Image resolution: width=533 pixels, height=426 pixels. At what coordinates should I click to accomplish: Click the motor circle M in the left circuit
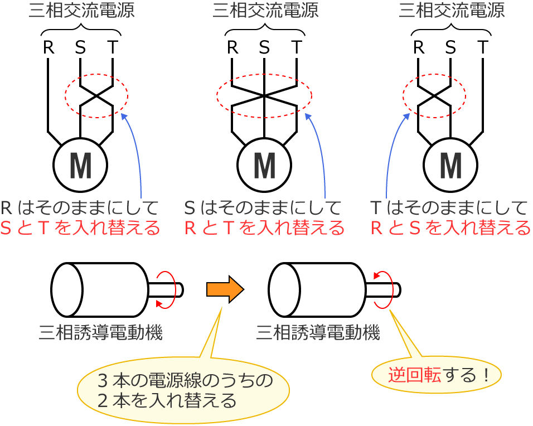80,165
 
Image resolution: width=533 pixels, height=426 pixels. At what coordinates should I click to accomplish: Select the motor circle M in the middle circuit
264,165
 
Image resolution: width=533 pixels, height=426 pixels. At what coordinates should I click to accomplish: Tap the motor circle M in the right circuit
450,165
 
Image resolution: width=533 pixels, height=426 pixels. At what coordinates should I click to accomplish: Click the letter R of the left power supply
49,48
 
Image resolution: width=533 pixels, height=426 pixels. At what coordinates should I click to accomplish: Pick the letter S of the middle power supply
264,48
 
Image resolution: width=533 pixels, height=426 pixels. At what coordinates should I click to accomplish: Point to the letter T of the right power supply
483,48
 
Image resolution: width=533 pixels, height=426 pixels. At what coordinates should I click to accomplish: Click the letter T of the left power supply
113,48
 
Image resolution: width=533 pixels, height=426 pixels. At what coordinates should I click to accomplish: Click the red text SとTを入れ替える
80,228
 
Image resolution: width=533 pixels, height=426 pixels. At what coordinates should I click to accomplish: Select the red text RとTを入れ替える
264,228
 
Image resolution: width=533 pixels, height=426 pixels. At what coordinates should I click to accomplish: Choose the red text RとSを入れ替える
450,228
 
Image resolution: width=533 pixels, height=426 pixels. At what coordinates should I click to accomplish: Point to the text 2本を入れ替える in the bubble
167,400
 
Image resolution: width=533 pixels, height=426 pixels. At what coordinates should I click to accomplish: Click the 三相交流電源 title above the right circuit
452,11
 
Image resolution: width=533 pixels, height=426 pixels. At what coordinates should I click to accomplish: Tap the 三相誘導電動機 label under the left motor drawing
100,333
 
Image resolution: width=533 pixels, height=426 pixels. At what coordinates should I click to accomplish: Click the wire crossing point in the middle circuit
264,96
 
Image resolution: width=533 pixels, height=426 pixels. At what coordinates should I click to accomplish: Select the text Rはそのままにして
80,208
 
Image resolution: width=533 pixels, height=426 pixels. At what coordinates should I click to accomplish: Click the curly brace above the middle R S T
265,30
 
